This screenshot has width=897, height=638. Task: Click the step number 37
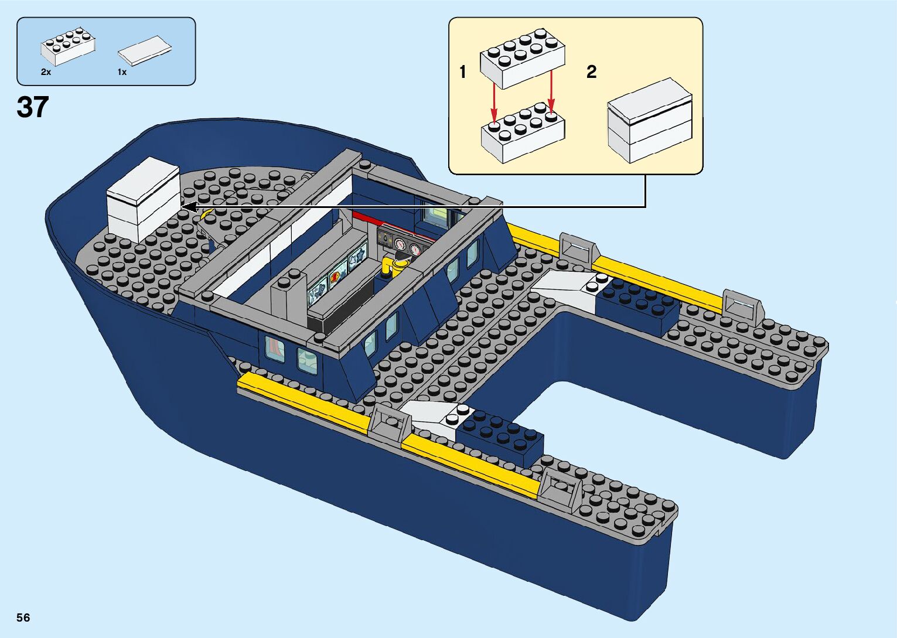32,107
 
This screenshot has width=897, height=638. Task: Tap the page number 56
23,617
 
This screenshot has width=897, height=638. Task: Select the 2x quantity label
46,72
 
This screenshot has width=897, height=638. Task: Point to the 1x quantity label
122,72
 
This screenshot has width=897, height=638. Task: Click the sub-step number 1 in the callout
463,72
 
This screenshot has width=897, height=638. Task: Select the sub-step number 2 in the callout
591,72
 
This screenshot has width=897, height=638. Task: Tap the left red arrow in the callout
494,104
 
